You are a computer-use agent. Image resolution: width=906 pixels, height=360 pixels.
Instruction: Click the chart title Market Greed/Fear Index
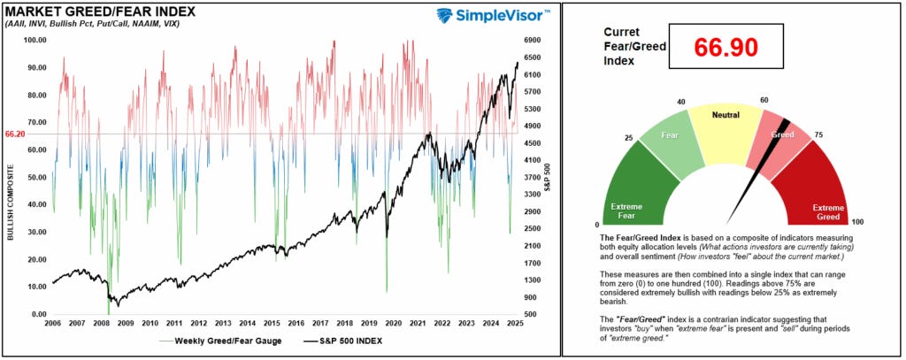99,11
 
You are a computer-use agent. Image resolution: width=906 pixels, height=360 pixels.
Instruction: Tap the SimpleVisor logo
494,16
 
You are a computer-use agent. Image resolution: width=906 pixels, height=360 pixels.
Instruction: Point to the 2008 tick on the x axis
102,324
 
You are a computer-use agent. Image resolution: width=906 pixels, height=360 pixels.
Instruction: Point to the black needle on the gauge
749,177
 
